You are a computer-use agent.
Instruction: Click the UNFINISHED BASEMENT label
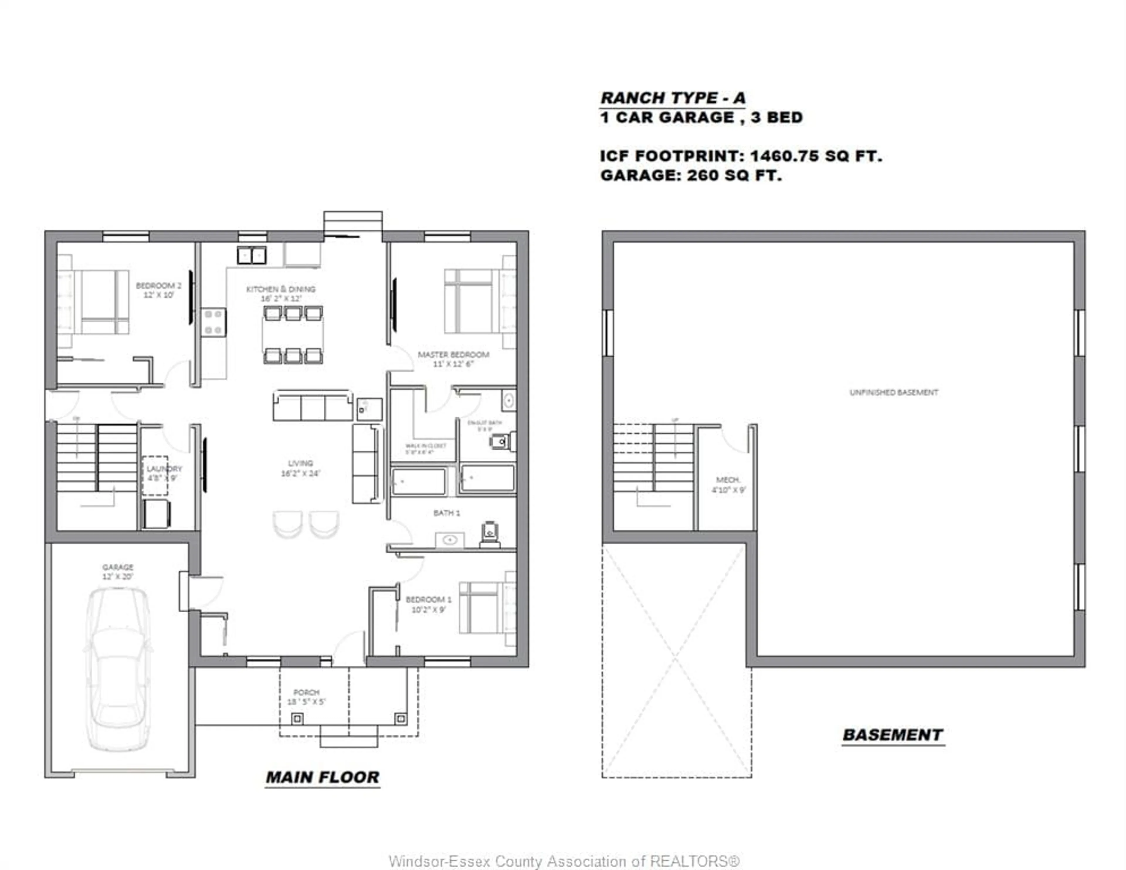pyautogui.click(x=893, y=392)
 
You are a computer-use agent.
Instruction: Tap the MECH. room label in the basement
pyautogui.click(x=728, y=485)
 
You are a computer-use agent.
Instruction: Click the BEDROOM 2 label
pyautogui.click(x=158, y=290)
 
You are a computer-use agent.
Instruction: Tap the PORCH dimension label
pyautogui.click(x=306, y=697)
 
